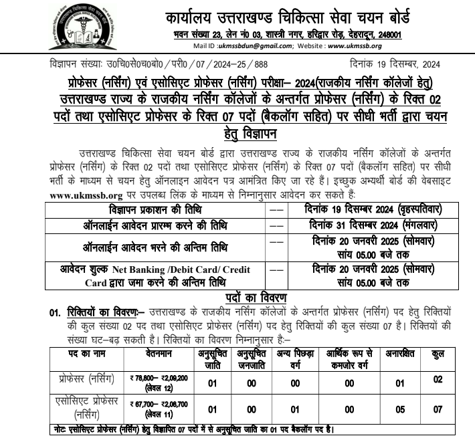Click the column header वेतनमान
point(155,354)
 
